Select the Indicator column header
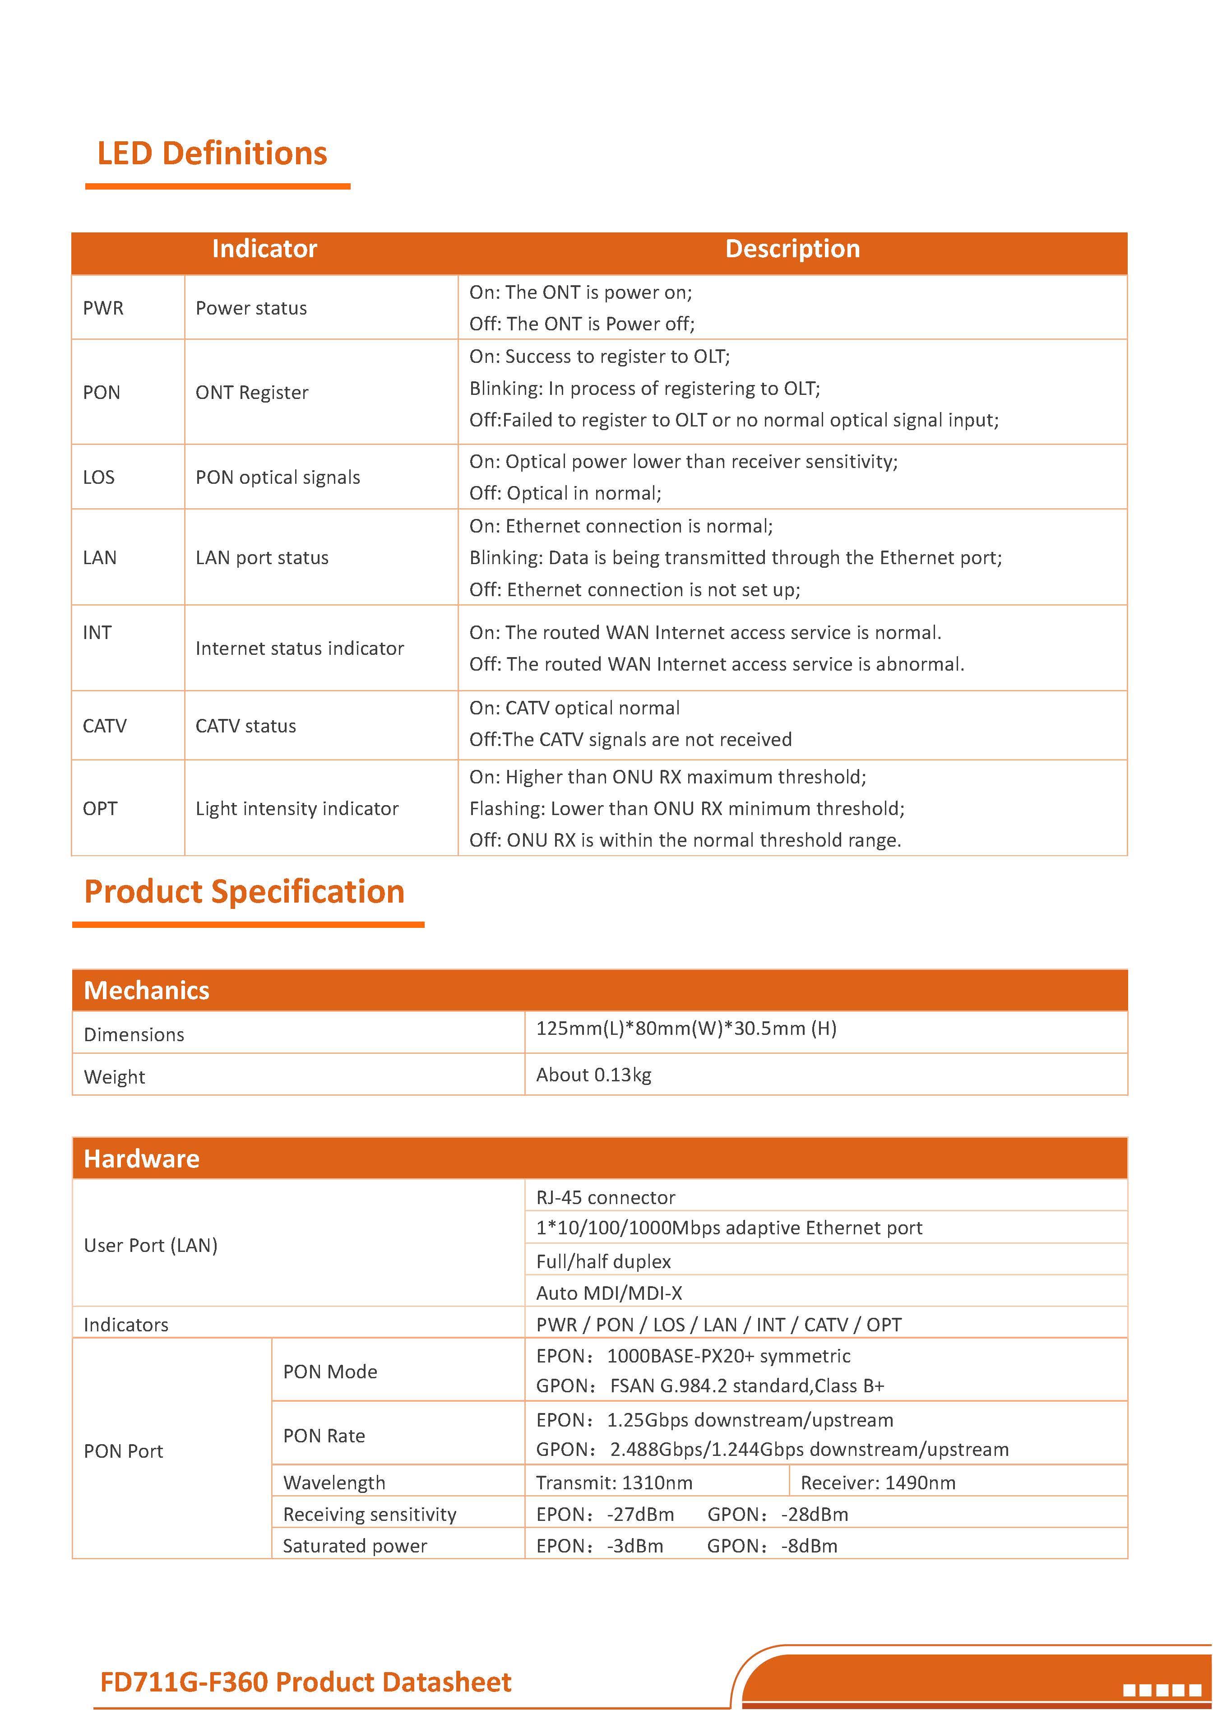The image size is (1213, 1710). point(264,249)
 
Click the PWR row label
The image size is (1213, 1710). point(103,308)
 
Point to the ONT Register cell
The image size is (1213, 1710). point(252,392)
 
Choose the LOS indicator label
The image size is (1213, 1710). point(98,477)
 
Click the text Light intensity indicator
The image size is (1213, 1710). point(296,808)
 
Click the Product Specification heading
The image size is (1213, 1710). point(244,892)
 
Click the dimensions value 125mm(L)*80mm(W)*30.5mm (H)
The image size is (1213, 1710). point(685,1028)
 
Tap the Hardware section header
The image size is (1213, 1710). point(141,1159)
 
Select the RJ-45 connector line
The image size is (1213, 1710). point(605,1197)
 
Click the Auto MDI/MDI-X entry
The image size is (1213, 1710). point(609,1293)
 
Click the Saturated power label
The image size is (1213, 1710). point(355,1546)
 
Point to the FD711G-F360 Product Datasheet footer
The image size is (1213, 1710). point(306,1682)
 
